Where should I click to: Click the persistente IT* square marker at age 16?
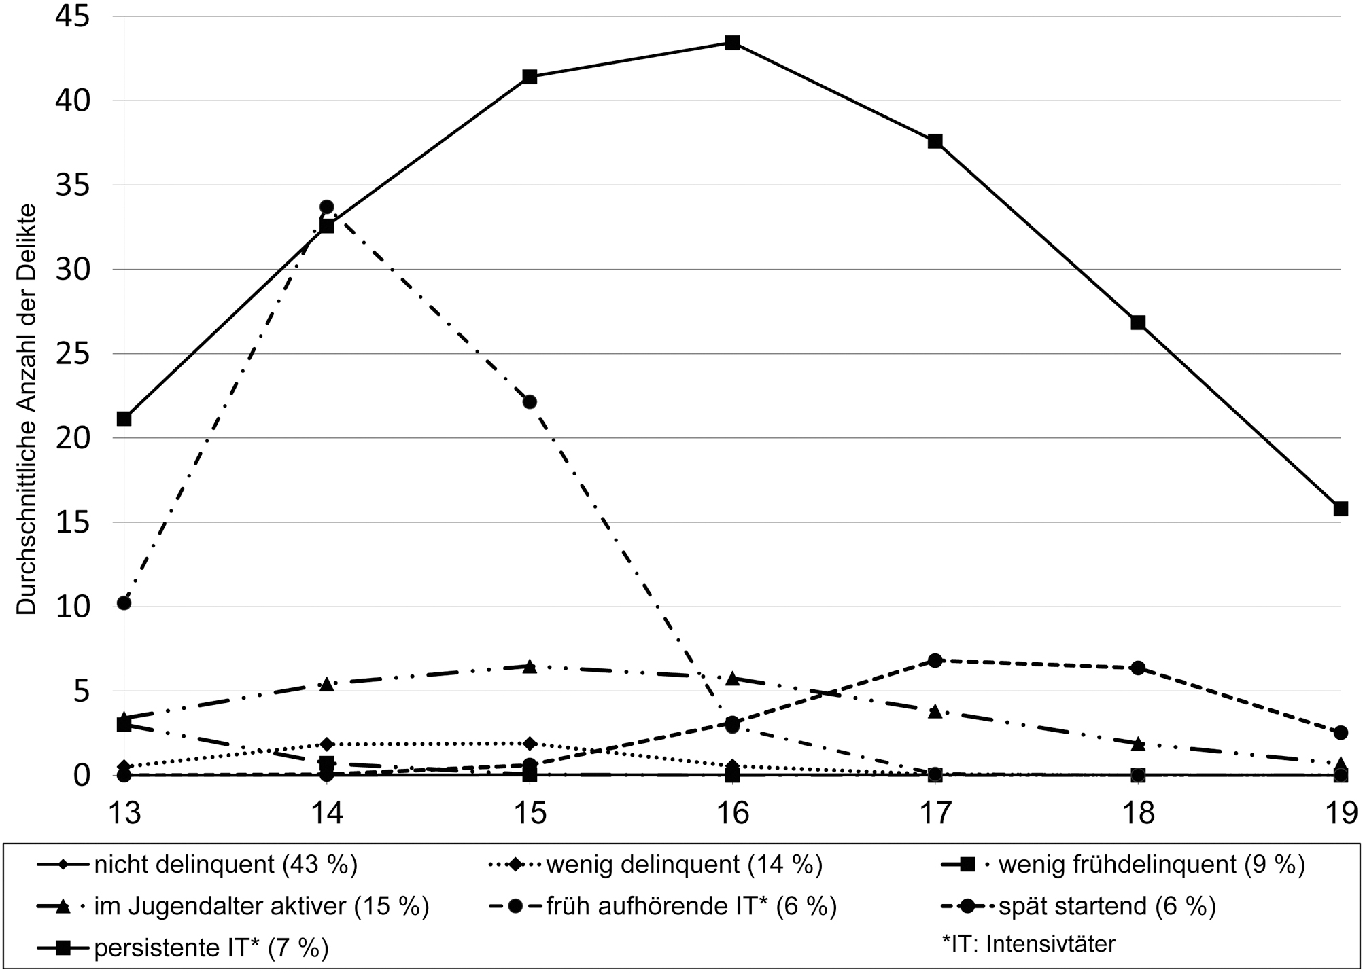(x=732, y=43)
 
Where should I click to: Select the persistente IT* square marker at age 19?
(x=1340, y=509)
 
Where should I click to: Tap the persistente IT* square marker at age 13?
(x=124, y=418)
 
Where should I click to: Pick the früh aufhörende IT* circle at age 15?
(x=530, y=401)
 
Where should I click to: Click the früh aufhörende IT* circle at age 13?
(x=124, y=602)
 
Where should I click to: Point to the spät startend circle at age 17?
(x=935, y=660)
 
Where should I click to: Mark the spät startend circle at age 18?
(x=1137, y=668)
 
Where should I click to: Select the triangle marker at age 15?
(x=530, y=666)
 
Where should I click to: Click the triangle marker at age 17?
(x=935, y=711)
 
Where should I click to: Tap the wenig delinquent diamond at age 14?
(x=327, y=744)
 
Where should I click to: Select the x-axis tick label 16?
(x=732, y=812)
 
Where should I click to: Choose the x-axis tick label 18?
(x=1137, y=812)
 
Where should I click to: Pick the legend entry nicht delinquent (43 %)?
(x=226, y=865)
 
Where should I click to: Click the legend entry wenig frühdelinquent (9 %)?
(x=1151, y=865)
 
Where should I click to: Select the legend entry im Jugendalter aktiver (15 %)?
(x=262, y=906)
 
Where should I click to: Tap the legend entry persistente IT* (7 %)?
(x=211, y=948)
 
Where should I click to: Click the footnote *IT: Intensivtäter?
(x=1029, y=943)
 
